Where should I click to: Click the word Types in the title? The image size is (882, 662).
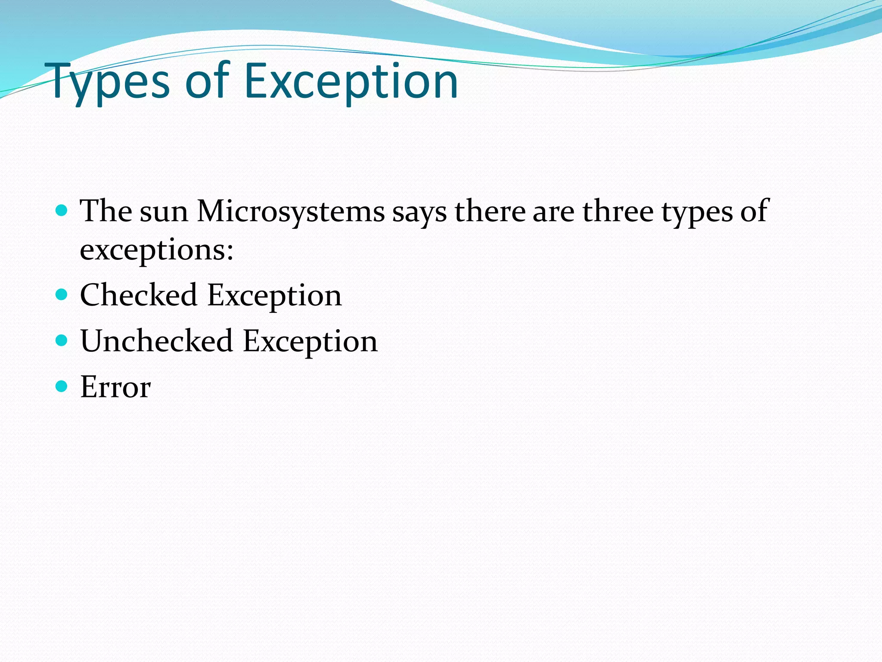(110, 82)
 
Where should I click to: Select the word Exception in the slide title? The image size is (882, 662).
(351, 82)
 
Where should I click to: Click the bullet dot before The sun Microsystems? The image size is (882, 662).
(62, 210)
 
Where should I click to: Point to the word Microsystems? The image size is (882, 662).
(291, 212)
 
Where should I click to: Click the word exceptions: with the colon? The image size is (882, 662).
(157, 250)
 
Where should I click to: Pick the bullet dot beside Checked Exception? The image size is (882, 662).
(62, 294)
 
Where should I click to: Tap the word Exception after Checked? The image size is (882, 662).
(274, 297)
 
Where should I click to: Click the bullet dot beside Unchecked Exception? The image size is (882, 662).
(62, 340)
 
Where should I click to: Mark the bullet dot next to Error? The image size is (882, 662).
(62, 386)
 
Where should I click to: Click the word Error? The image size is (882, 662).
(115, 387)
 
